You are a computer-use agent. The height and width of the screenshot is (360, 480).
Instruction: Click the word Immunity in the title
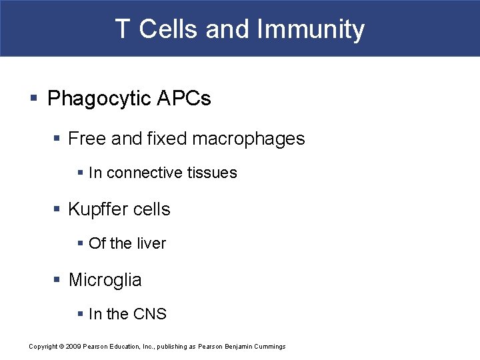[x=311, y=29]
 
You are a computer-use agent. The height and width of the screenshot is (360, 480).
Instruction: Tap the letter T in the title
[x=122, y=29]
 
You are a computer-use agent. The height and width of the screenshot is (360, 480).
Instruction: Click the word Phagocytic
[x=99, y=99]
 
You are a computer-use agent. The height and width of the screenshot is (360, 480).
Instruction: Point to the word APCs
[x=184, y=99]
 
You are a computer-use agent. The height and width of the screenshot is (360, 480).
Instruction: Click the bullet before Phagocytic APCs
[x=34, y=99]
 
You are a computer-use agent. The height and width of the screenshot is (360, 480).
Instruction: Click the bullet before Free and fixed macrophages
[x=56, y=139]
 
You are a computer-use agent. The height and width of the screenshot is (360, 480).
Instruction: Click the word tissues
[x=212, y=173]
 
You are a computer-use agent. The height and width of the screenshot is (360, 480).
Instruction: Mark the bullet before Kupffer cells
[x=56, y=209]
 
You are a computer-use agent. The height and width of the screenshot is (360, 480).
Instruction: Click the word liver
[x=151, y=243]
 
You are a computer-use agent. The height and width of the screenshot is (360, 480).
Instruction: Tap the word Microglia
[x=105, y=280]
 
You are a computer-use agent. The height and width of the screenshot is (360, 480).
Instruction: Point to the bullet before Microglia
[x=56, y=280]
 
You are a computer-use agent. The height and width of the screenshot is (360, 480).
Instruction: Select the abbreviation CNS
[x=150, y=314]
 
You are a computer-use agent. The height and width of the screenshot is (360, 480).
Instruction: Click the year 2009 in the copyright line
[x=74, y=346]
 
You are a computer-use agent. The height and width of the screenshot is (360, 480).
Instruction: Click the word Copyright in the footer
[x=43, y=346]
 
